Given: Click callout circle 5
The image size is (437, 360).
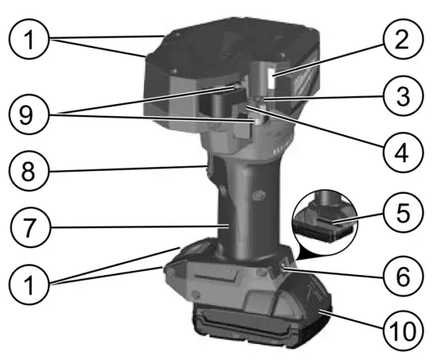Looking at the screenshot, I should (x=401, y=215).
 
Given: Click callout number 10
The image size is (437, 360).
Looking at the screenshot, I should (x=401, y=328).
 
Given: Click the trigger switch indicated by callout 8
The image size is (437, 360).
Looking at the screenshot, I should (x=204, y=168).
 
